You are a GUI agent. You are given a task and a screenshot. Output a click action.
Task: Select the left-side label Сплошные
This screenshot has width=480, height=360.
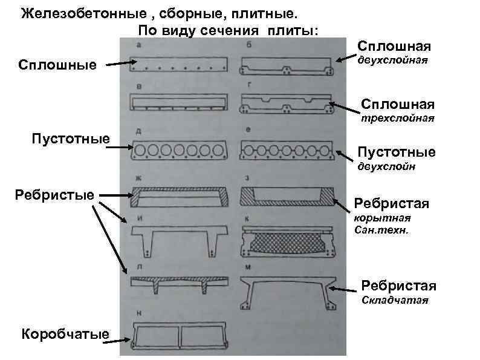pos(58,65)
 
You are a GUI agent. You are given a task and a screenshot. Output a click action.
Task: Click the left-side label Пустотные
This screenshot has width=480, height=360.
pos(70,140)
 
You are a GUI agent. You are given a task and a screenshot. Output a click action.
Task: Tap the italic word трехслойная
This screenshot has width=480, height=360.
pos(398,118)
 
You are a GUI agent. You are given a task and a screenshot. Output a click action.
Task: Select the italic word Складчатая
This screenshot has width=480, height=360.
pos(395,300)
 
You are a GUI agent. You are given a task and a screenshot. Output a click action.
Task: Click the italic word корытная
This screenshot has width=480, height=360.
pos(382,218)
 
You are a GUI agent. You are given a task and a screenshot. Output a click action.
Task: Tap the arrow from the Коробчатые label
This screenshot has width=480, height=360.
pos(114,341)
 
